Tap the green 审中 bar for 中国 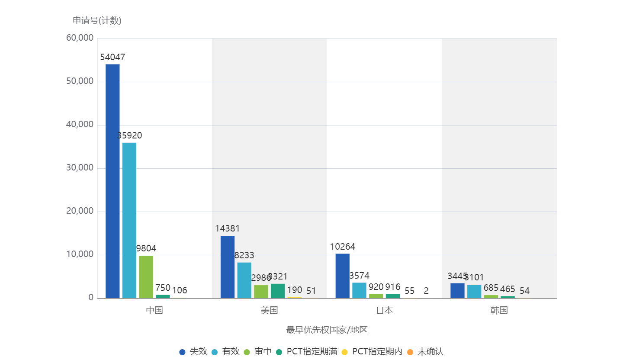point(146,276)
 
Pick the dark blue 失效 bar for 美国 point(228,267)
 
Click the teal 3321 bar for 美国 point(278,291)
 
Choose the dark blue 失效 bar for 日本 point(342,276)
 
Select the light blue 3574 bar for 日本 point(359,290)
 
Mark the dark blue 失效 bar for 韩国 point(457,290)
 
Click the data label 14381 point(228,228)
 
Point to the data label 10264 point(342,247)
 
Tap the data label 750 point(163,288)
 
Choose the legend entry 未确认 point(430,351)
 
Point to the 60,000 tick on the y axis point(80,38)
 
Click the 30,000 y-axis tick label point(80,168)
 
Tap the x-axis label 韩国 point(499,310)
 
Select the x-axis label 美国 point(269,310)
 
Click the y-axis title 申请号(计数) point(97,20)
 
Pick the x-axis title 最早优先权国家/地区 point(327,330)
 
